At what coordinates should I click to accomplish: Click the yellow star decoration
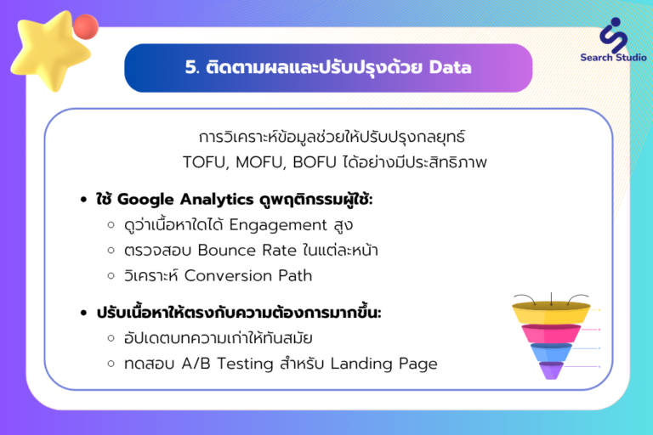[x=50, y=50]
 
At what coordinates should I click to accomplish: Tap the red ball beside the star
[x=86, y=26]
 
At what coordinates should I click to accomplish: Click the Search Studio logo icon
[x=613, y=35]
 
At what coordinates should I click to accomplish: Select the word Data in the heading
[x=450, y=67]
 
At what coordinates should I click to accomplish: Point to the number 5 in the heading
[x=191, y=67]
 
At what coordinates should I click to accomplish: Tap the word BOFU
[x=315, y=162]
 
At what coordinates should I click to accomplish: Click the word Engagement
[x=278, y=225]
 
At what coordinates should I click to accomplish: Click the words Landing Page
[x=384, y=364]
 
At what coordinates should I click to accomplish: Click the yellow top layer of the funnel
[x=551, y=313]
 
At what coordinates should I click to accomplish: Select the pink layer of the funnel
[x=551, y=333]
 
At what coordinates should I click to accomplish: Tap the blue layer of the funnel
[x=551, y=352]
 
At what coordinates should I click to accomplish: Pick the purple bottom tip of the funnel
[x=551, y=370]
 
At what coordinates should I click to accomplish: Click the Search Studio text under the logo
[x=613, y=58]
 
